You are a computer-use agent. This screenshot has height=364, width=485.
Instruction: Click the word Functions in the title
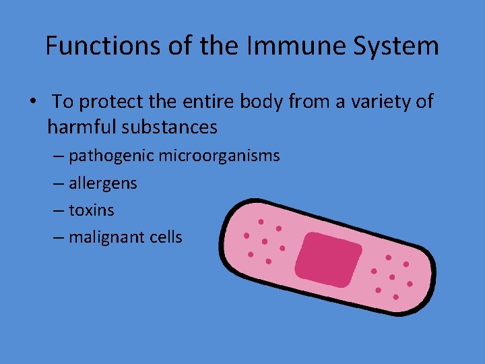click(x=92, y=46)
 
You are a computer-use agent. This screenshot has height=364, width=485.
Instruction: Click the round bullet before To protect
click(x=33, y=102)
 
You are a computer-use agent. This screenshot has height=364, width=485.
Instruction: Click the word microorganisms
click(x=219, y=156)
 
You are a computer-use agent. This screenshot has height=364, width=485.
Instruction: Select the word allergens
click(x=102, y=183)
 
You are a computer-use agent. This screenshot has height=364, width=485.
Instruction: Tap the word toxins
click(x=92, y=210)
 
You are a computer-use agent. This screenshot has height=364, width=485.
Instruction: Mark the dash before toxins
click(x=58, y=211)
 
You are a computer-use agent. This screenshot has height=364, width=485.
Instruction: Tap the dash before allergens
click(x=58, y=184)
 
